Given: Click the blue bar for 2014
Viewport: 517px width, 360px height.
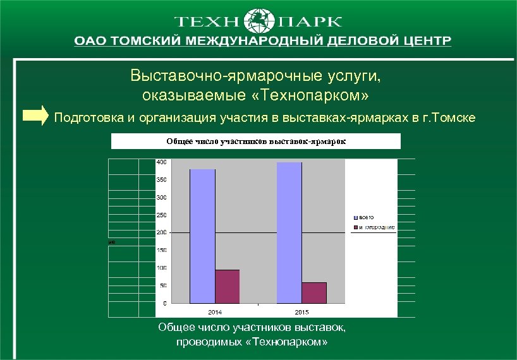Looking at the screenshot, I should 202,236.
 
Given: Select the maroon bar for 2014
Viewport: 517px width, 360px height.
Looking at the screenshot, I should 228,287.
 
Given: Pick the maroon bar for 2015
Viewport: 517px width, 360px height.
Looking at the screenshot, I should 314,292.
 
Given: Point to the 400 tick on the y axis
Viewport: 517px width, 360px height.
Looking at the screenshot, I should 162,162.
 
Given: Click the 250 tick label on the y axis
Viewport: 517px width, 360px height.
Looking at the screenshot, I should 162,215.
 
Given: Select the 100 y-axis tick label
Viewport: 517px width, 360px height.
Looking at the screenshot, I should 162,268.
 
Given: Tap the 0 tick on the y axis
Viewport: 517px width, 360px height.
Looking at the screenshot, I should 165,304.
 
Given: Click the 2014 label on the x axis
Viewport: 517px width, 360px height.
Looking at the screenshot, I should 215,312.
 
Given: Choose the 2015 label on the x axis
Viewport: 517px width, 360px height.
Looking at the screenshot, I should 302,312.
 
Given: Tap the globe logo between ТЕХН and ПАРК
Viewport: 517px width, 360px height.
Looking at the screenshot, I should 258,21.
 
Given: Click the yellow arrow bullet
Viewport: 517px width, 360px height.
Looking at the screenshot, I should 35,116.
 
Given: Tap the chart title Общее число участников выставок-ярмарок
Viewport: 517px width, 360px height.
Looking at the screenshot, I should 256,141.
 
